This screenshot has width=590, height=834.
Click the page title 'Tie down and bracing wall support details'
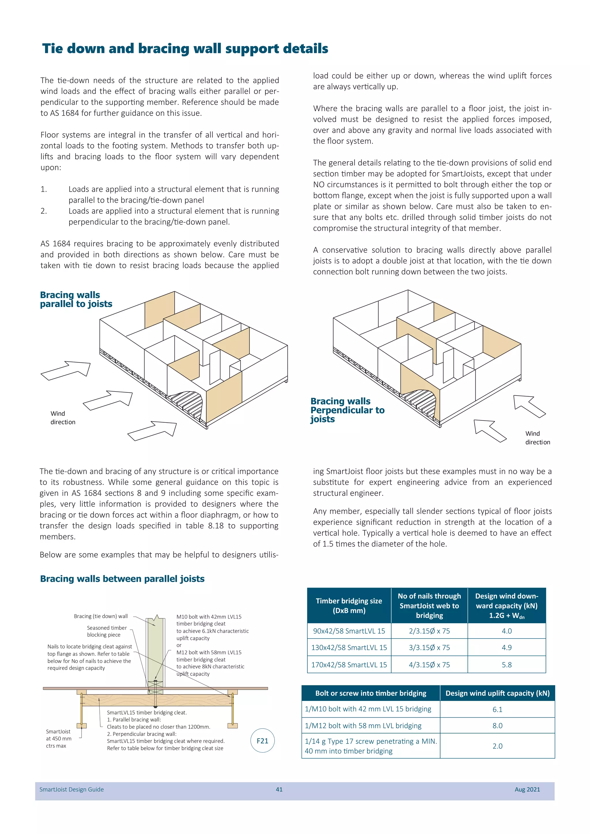pyautogui.click(x=185, y=49)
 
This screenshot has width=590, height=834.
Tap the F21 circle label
pyautogui.click(x=262, y=741)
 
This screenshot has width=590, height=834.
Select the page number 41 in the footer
pyautogui.click(x=279, y=789)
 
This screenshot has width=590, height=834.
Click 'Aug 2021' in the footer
pyautogui.click(x=527, y=789)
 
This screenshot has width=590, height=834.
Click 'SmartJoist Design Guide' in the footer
pyautogui.click(x=71, y=789)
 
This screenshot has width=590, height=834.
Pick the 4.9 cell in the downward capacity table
pyautogui.click(x=506, y=647)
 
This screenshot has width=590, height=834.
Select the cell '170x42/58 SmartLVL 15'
pyautogui.click(x=349, y=665)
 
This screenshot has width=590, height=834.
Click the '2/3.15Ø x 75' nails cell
pyautogui.click(x=429, y=631)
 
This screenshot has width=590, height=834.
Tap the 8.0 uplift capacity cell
pyautogui.click(x=497, y=725)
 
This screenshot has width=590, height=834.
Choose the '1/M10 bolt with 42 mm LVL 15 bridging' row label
pyautogui.click(x=368, y=709)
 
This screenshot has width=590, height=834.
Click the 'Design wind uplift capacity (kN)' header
pyautogui.click(x=497, y=693)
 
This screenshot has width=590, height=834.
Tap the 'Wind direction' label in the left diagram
pyautogui.click(x=63, y=418)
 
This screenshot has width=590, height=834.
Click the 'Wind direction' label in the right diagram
pyautogui.click(x=537, y=438)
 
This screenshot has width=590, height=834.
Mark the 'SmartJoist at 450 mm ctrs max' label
pyautogui.click(x=58, y=738)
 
